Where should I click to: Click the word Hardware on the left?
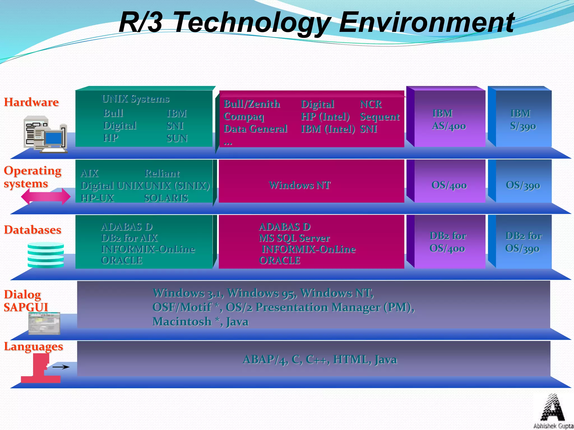pos(31,102)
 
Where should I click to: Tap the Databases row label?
pos(33,230)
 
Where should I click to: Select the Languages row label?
pos(33,347)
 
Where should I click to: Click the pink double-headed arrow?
pos(46,196)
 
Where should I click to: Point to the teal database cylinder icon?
pos(46,255)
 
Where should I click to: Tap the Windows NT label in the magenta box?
pos(300,185)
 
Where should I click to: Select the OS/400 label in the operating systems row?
pos(449,185)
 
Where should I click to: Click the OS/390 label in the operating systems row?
pos(523,185)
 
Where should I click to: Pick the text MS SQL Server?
pos(294,238)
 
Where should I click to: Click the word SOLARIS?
pos(166,198)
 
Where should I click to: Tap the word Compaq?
pos(244,116)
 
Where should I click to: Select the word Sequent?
pos(380,117)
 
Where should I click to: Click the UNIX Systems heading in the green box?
pos(136,99)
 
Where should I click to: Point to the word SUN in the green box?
pos(177,138)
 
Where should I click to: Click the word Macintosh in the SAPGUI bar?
pos(182,321)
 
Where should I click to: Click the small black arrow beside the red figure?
pos(61,367)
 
